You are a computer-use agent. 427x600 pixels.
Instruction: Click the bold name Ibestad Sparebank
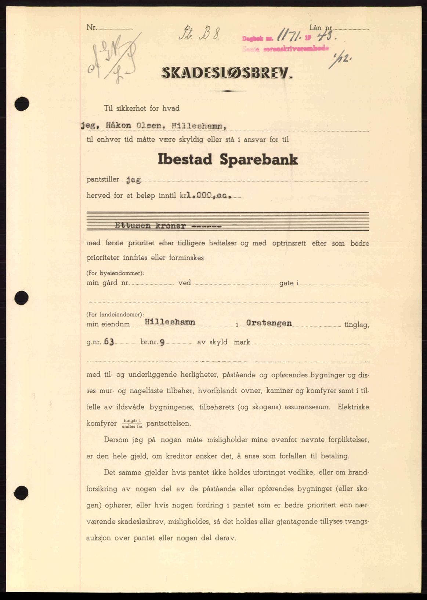(228, 160)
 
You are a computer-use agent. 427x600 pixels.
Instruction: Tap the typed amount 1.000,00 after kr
(209, 196)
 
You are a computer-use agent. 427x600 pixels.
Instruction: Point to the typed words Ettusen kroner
(151, 226)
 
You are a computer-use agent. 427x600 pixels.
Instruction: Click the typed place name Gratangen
(269, 323)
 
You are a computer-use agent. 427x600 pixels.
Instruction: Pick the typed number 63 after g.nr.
(109, 342)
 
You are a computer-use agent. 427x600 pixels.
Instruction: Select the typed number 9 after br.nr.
(162, 342)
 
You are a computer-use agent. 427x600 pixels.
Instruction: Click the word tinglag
(357, 325)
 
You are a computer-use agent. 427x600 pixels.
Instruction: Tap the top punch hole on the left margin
(22, 104)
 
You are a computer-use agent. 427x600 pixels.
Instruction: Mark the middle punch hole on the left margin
(22, 297)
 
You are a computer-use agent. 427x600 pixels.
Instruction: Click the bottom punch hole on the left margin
(22, 491)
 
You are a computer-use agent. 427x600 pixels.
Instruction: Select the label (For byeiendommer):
(115, 273)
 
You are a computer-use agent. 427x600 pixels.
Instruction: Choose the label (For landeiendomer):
(115, 314)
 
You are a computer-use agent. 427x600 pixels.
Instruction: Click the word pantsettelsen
(169, 424)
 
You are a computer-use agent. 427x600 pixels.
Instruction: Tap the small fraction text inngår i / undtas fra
(132, 424)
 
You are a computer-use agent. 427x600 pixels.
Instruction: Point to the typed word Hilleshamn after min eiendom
(170, 322)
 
